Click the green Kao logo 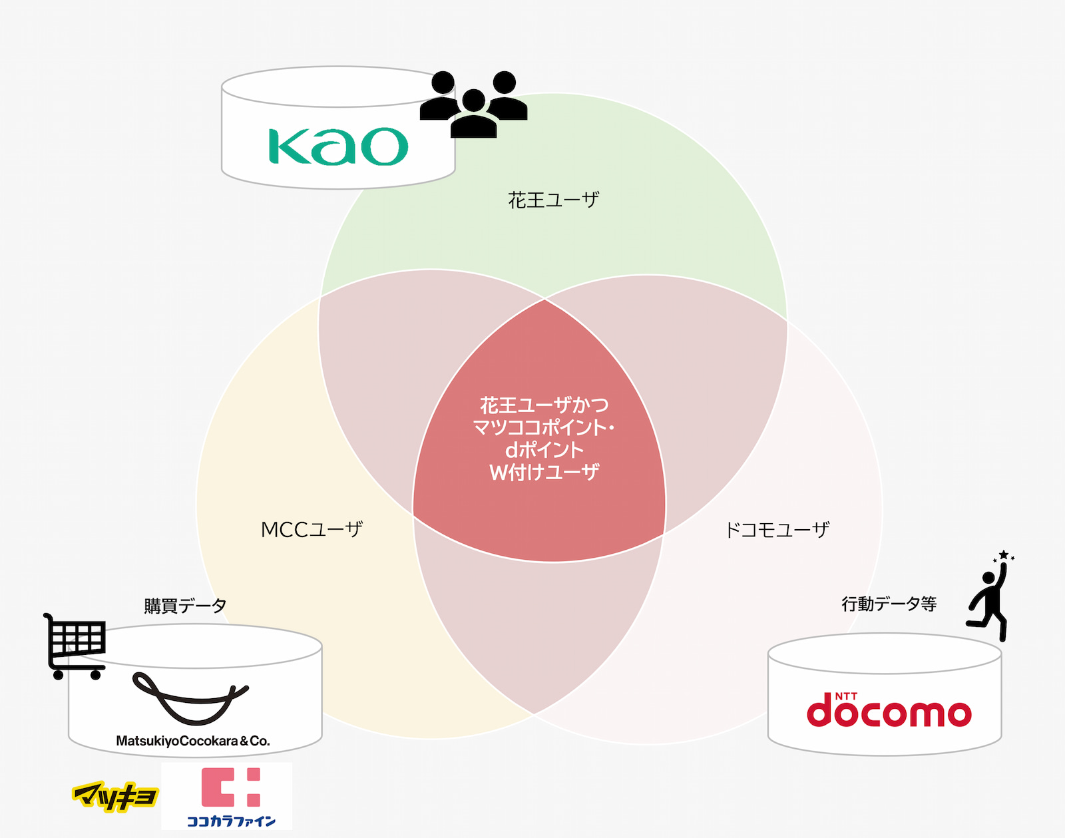[338, 146]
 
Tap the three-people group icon [474, 105]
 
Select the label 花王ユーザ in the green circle [553, 200]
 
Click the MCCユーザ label [312, 530]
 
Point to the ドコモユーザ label [777, 530]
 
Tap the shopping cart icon [75, 646]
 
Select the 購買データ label [185, 605]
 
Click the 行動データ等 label [889, 604]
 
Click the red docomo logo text [889, 711]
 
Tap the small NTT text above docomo [846, 696]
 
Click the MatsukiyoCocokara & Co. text [193, 741]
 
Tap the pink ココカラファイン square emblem [230, 787]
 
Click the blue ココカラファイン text [231, 821]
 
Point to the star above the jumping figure [1003, 555]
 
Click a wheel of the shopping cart [58, 675]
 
